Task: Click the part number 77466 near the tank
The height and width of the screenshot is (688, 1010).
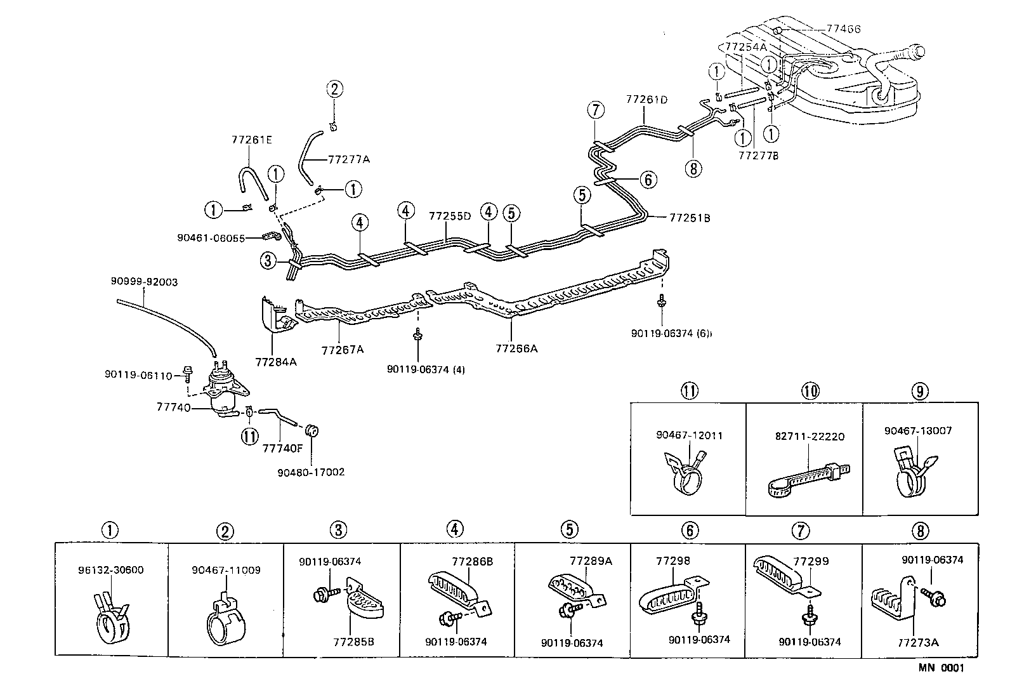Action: tap(844, 29)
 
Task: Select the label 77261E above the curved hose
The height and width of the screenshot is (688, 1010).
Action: tap(251, 140)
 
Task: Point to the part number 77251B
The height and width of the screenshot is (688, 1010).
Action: tap(690, 218)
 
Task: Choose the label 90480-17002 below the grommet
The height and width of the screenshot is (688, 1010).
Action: tap(311, 472)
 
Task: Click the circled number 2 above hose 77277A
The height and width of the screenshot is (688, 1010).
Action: tap(335, 89)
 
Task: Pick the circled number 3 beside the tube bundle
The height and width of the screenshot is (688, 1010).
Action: tap(268, 260)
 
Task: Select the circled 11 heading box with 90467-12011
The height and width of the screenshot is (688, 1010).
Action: tap(690, 391)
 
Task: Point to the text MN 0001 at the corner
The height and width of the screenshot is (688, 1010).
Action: tap(940, 668)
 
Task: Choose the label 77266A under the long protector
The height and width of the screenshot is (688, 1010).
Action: tap(516, 348)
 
